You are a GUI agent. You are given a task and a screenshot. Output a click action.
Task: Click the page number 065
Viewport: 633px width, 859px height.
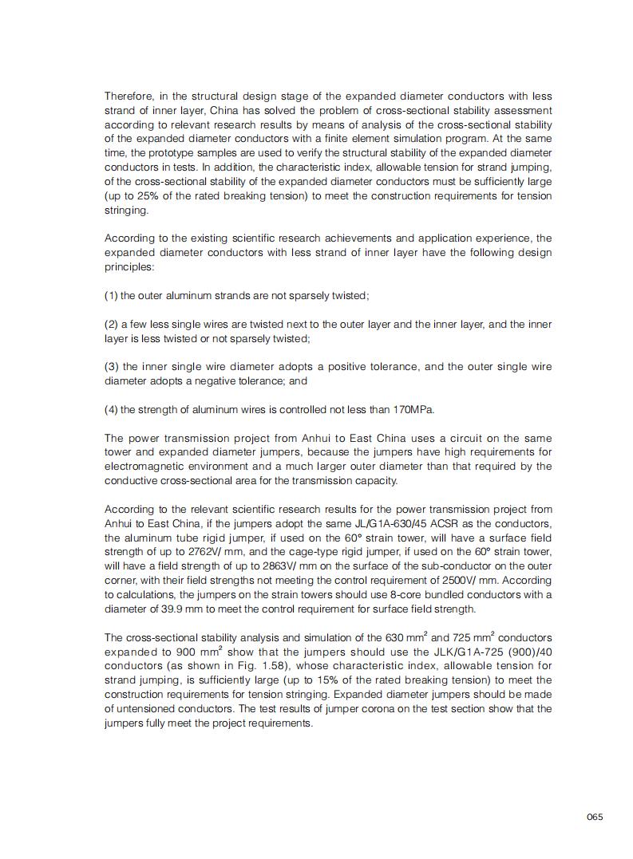click(594, 817)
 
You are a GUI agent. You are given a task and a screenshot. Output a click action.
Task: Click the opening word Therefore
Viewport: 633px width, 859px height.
click(129, 97)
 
